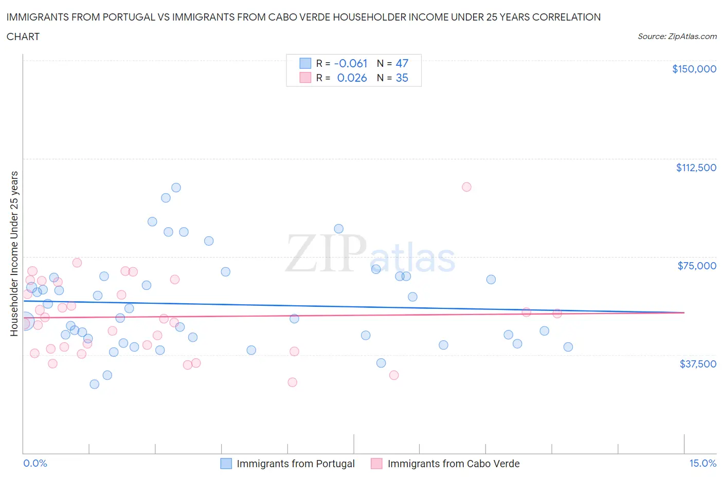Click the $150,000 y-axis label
pyautogui.click(x=694, y=69)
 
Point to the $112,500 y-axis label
pyautogui.click(x=696, y=168)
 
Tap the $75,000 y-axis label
pyautogui.click(x=697, y=266)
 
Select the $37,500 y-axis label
pyautogui.click(x=697, y=364)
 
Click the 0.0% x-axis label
pyautogui.click(x=35, y=463)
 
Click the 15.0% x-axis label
pyautogui.click(x=702, y=463)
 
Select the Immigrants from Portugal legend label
pyautogui.click(x=296, y=464)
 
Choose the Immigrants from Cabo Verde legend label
pyautogui.click(x=454, y=464)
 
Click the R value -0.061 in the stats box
pyautogui.click(x=351, y=63)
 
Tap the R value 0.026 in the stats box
pyautogui.click(x=352, y=78)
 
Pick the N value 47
pyautogui.click(x=402, y=63)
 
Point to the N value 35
pyautogui.click(x=402, y=78)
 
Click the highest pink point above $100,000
pyautogui.click(x=466, y=187)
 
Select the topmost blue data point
pyautogui.click(x=176, y=188)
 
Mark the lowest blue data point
pyautogui.click(x=94, y=384)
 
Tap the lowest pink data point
pyautogui.click(x=292, y=382)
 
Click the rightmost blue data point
pyautogui.click(x=568, y=347)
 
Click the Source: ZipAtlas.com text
pyautogui.click(x=677, y=36)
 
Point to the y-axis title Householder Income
pyautogui.click(x=14, y=253)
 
